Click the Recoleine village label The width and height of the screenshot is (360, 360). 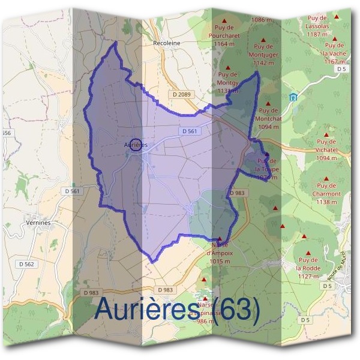pyautogui.click(x=167, y=43)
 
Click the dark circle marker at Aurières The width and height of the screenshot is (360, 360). pyautogui.click(x=136, y=144)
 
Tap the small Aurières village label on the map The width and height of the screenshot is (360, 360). pyautogui.click(x=135, y=145)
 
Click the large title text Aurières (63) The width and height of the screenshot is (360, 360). pyautogui.click(x=178, y=310)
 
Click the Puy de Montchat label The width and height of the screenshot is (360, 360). pyautogui.click(x=268, y=118)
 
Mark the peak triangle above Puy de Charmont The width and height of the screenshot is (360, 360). pyautogui.click(x=326, y=178)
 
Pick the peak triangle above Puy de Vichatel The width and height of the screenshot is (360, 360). pyautogui.click(x=326, y=135)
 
